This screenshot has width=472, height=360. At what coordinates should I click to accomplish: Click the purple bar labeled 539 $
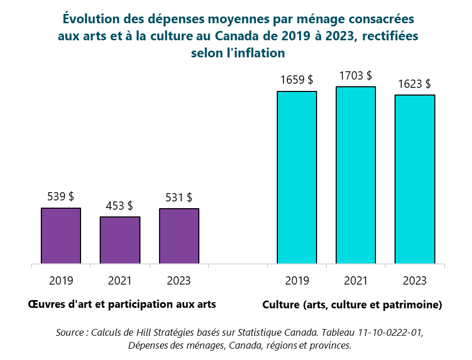pyautogui.click(x=61, y=236)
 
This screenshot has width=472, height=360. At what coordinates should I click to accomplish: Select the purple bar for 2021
pyautogui.click(x=120, y=240)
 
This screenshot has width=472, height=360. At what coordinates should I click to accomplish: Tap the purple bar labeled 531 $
pyautogui.click(x=179, y=236)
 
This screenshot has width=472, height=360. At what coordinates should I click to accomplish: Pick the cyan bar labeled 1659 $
pyautogui.click(x=296, y=177)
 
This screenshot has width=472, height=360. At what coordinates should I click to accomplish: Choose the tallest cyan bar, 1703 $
pyautogui.click(x=355, y=175)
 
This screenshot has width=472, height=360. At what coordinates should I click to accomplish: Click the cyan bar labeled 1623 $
pyautogui.click(x=415, y=179)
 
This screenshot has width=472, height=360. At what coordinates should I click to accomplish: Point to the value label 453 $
pyautogui.click(x=119, y=206)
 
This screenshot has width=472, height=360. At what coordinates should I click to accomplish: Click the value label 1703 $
pyautogui.click(x=355, y=75)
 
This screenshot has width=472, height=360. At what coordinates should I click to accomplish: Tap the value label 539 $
pyautogui.click(x=60, y=197)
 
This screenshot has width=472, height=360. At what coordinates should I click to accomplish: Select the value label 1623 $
pyautogui.click(x=415, y=84)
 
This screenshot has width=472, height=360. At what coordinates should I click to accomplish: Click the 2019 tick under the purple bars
pyautogui.click(x=61, y=281)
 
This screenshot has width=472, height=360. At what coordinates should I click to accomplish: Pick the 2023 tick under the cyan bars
pyautogui.click(x=415, y=281)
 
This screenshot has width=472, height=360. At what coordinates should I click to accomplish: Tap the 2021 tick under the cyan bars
pyautogui.click(x=355, y=281)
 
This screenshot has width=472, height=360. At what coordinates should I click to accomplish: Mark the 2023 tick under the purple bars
pyautogui.click(x=179, y=281)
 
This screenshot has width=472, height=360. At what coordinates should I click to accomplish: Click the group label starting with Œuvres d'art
pyautogui.click(x=122, y=304)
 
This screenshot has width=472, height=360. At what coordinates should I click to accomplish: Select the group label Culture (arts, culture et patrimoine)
pyautogui.click(x=352, y=305)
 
